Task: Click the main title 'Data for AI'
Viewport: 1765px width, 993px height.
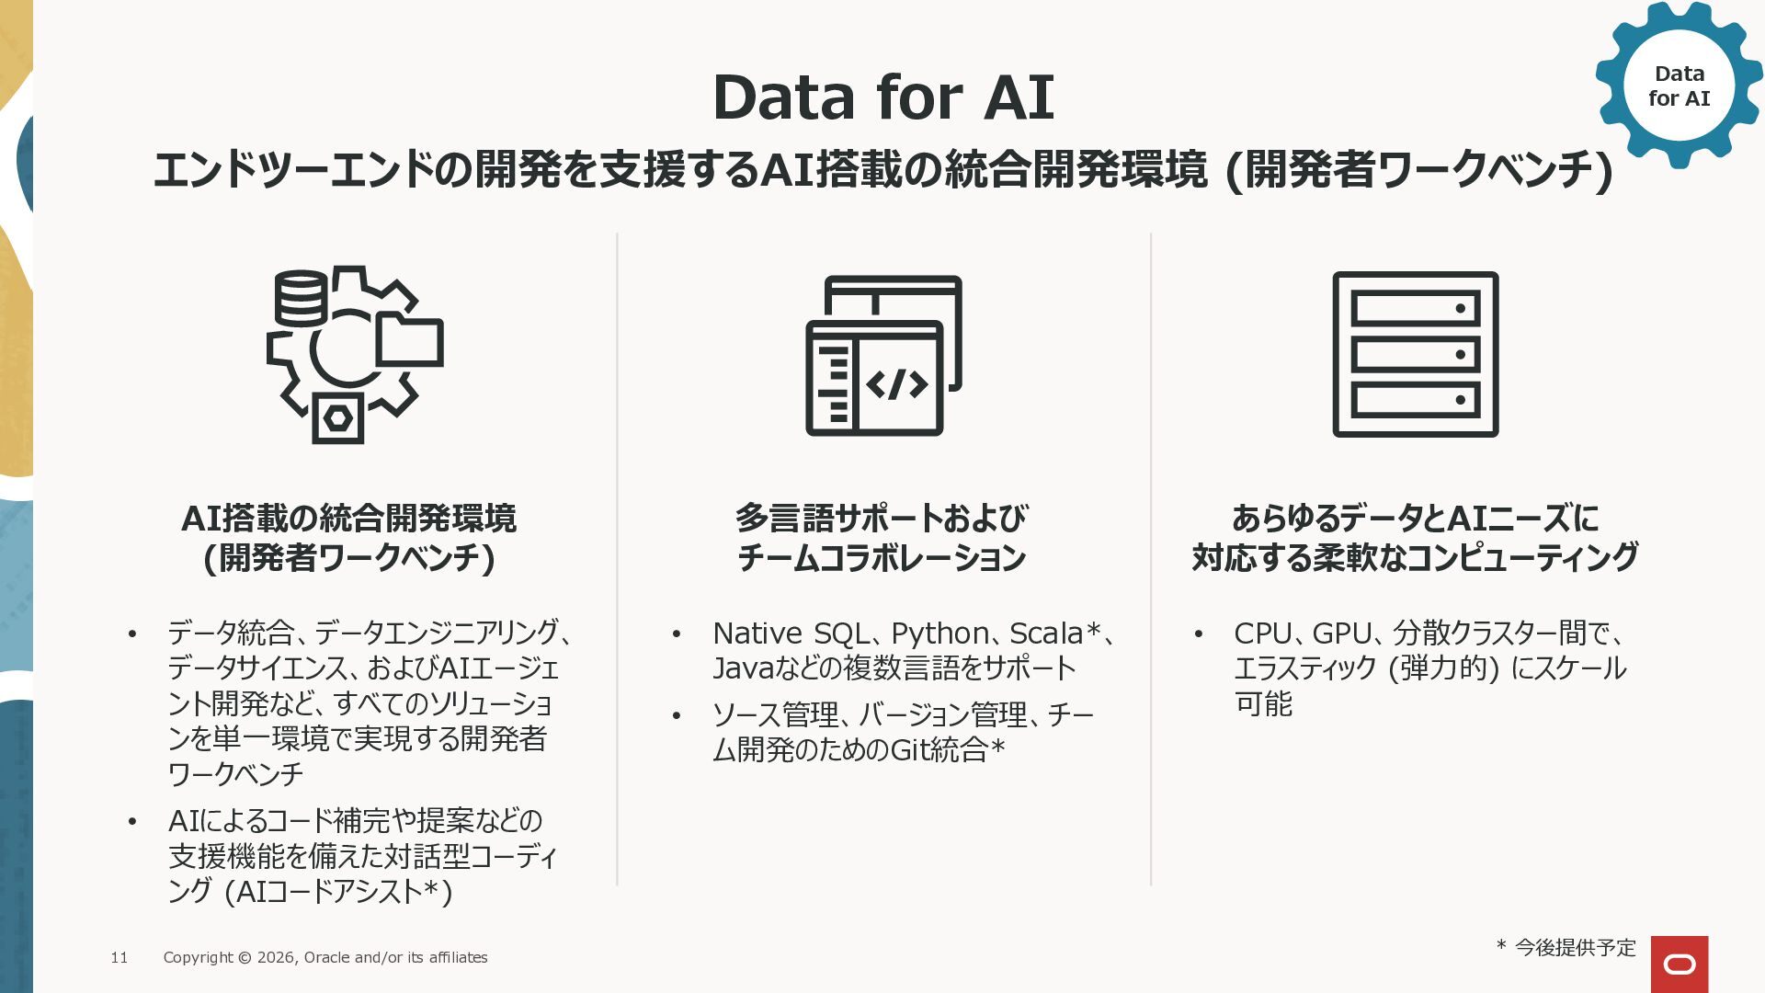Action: pyautogui.click(x=882, y=97)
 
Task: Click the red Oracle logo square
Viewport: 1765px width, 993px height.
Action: pyautogui.click(x=1680, y=964)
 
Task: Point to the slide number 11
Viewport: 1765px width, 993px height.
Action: pyautogui.click(x=120, y=957)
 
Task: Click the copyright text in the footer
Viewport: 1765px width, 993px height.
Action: pyautogui.click(x=325, y=957)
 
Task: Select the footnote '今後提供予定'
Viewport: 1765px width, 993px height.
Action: pyautogui.click(x=1576, y=947)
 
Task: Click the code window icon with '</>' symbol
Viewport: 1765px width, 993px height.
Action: pyautogui.click(x=883, y=355)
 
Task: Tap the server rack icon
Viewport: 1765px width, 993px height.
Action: pyautogui.click(x=1416, y=354)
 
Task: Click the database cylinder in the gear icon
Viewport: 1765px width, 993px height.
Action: pyautogui.click(x=301, y=297)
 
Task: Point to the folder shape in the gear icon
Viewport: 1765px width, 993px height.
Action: pyautogui.click(x=410, y=338)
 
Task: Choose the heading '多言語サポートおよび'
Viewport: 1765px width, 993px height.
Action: pyautogui.click(x=881, y=519)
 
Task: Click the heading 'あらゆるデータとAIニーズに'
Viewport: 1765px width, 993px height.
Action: pyautogui.click(x=1416, y=519)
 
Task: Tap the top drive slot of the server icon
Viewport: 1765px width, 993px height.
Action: pyautogui.click(x=1416, y=308)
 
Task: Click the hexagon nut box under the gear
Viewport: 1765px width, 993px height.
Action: pyautogui.click(x=338, y=418)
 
